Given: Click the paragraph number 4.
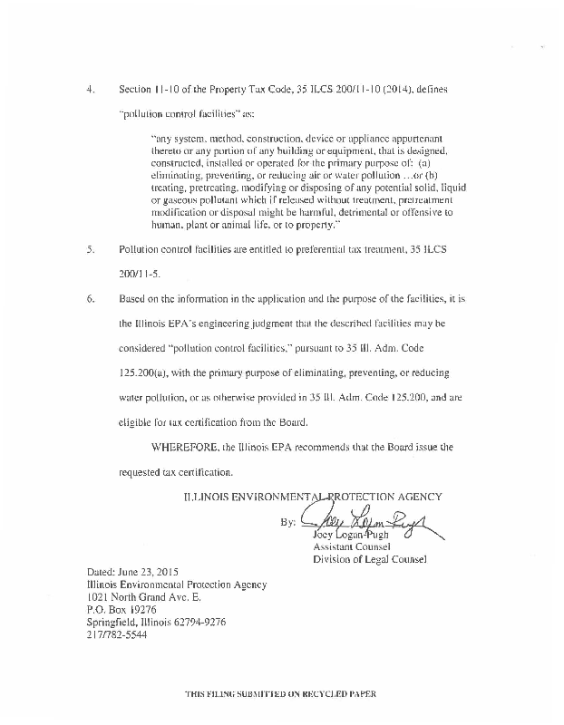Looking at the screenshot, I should pos(90,92).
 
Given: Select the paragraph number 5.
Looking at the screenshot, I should pos(90,247).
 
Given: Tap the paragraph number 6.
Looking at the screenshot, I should pos(90,297).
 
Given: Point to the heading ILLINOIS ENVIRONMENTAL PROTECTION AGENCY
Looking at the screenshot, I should pos(312,496).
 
